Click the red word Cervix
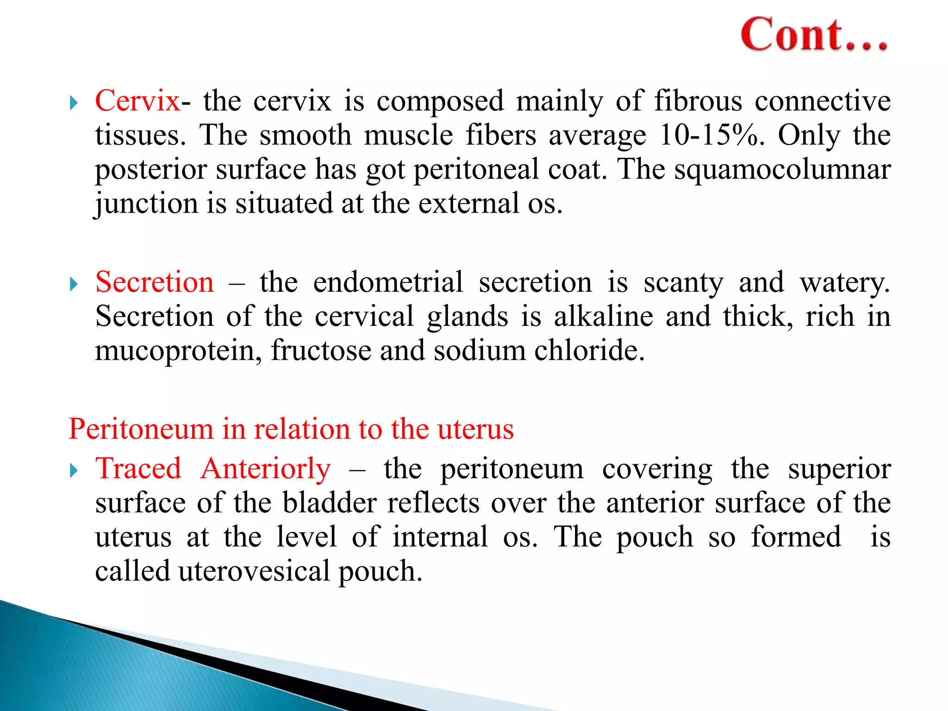[137, 100]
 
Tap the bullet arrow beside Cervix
[74, 102]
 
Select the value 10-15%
[711, 135]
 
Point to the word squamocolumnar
[782, 169]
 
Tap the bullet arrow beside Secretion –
[74, 284]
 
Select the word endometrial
[388, 282]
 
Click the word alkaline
[604, 317]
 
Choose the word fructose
[321, 350]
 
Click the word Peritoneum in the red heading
[141, 429]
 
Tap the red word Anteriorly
[266, 468]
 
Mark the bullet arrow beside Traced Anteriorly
[74, 471]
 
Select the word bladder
[330, 503]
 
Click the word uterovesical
[254, 571]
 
